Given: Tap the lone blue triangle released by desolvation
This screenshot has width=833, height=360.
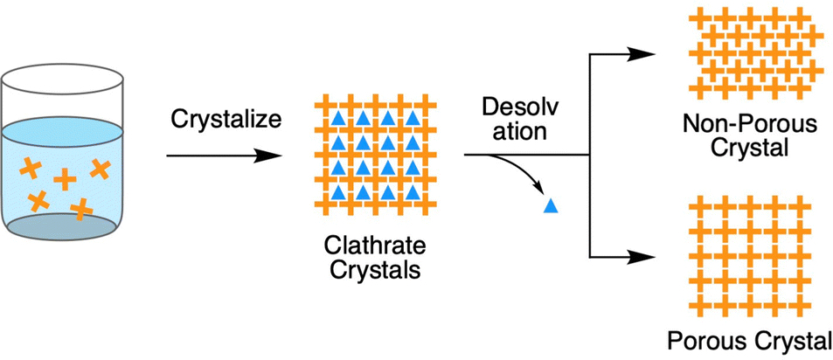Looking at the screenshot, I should tap(550, 206).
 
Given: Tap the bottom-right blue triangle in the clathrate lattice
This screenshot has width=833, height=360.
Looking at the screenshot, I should tap(406, 191).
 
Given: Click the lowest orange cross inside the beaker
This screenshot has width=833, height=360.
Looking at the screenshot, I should tap(80, 208).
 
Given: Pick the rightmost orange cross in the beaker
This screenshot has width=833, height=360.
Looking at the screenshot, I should tap(101, 167).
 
